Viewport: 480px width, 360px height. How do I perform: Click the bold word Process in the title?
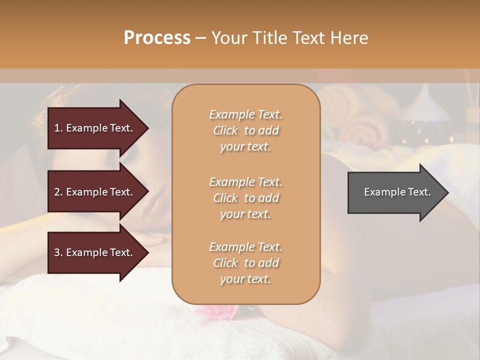point(157,38)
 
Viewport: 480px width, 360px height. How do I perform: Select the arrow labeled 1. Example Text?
point(95,128)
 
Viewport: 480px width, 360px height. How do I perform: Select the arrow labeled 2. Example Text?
point(95,192)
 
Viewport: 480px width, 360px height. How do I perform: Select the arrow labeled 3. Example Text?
point(95,252)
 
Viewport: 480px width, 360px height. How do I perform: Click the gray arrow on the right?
point(395,192)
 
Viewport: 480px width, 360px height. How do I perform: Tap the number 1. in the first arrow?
point(58,128)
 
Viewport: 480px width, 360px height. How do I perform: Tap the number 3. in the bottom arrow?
point(58,252)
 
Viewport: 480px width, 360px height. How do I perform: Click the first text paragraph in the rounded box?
point(245,130)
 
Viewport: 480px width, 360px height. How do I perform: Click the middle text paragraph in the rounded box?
point(245,197)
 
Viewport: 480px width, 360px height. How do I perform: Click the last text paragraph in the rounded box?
point(245,263)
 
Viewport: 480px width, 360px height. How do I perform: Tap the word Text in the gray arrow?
point(420,192)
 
